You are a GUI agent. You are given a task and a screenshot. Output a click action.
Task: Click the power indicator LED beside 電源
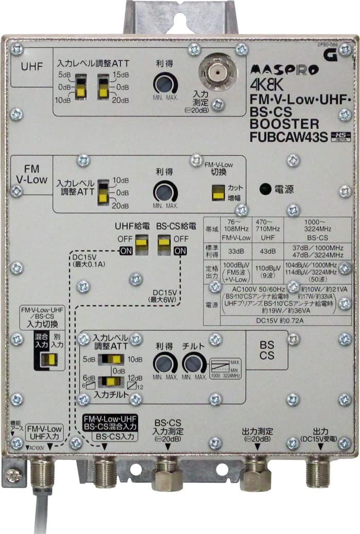pyautogui.click(x=265, y=189)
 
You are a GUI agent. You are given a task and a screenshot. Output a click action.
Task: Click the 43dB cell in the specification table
pyautogui.click(x=265, y=252)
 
